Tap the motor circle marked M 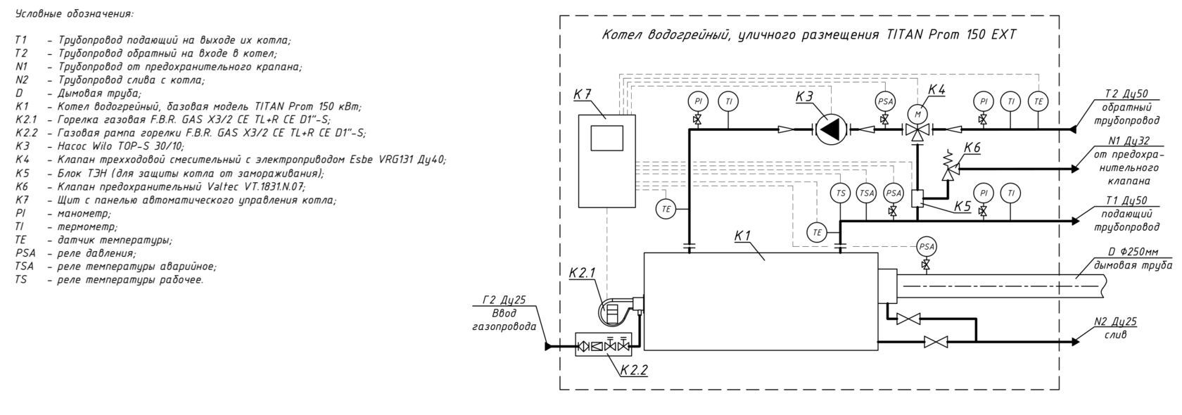[917, 113]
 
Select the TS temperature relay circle [840, 193]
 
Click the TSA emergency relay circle [867, 193]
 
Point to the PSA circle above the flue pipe [926, 246]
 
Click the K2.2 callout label [633, 370]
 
